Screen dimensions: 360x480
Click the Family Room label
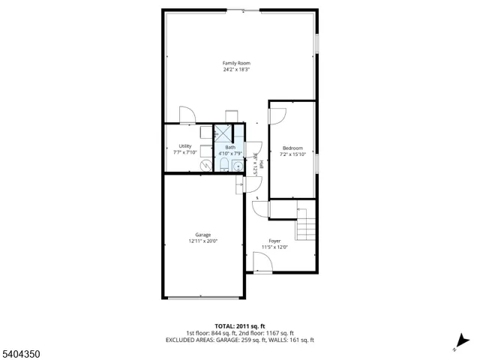click(236, 63)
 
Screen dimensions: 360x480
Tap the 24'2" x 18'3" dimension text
click(236, 70)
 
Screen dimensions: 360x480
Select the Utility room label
click(184, 145)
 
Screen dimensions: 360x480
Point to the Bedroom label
click(292, 148)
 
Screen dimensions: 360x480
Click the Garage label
click(202, 235)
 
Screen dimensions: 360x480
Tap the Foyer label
click(275, 241)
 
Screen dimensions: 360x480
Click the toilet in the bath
click(224, 165)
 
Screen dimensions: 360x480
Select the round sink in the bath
click(237, 166)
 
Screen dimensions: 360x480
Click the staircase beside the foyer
click(306, 223)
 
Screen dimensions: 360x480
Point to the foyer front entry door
click(262, 263)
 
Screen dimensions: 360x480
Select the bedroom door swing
click(277, 115)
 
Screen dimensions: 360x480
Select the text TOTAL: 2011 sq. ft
click(239, 326)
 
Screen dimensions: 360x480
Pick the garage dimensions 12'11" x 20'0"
click(202, 241)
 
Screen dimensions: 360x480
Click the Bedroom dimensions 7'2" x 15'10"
click(292, 154)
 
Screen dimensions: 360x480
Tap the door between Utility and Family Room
click(187, 116)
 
